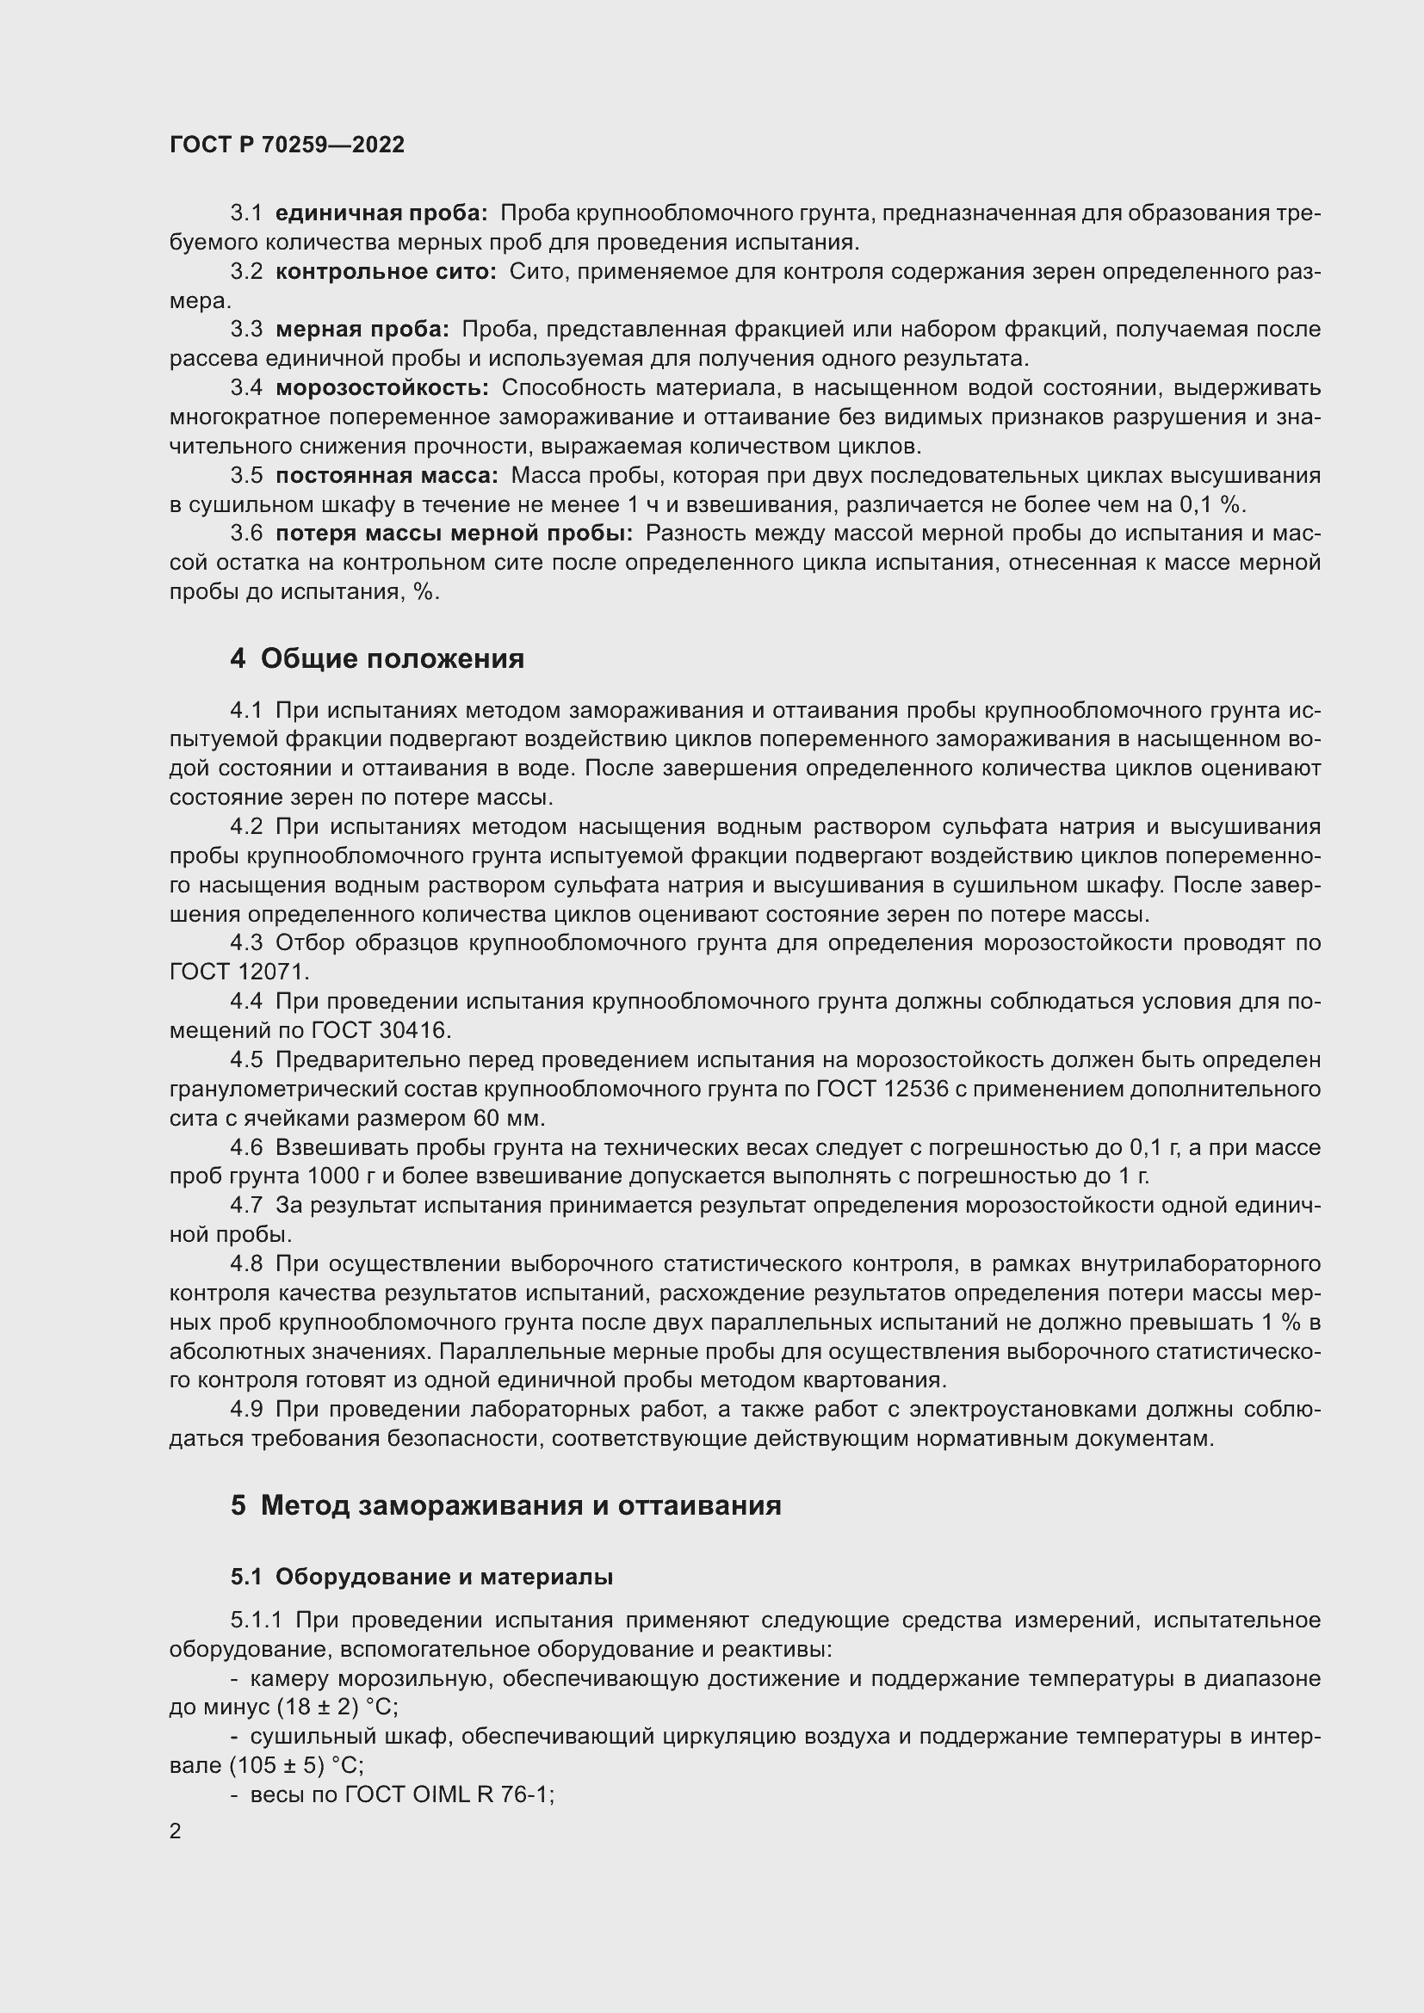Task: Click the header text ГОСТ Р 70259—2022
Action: [x=287, y=145]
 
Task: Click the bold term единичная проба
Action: [x=381, y=213]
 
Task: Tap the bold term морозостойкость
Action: [x=382, y=387]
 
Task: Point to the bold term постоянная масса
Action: [x=387, y=475]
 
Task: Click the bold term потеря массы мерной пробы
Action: [x=454, y=533]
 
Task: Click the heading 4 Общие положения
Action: [x=377, y=658]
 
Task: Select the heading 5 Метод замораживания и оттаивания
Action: [x=506, y=1505]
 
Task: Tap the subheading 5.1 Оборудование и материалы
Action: [x=422, y=1577]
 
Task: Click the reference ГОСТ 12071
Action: [x=238, y=972]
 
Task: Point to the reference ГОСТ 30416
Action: [x=380, y=1030]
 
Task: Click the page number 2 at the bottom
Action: [x=176, y=1831]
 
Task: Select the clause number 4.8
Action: [x=246, y=1263]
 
